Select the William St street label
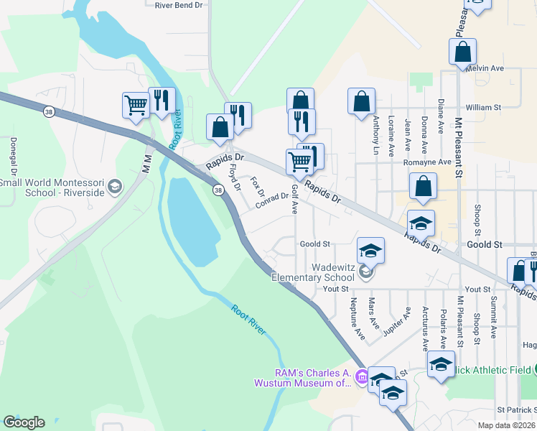click(482, 108)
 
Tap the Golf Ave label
click(294, 199)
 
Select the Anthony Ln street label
click(375, 136)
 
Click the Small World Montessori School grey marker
click(113, 188)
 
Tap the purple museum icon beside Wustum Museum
click(362, 376)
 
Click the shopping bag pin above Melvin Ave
click(463, 52)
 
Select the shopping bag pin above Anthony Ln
click(361, 101)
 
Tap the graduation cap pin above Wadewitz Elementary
click(370, 251)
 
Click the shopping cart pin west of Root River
click(135, 106)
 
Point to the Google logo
click(24, 422)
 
